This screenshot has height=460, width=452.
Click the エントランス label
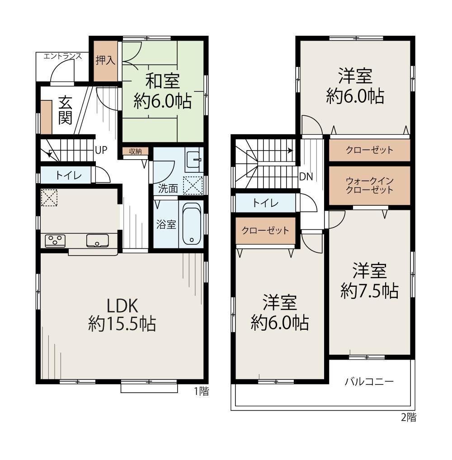coord(62,56)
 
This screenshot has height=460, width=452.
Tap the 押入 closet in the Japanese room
coord(105,61)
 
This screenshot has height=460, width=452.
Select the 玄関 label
coord(66,110)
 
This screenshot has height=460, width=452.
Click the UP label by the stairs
coord(101,150)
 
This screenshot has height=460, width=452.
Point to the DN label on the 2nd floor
coord(306,176)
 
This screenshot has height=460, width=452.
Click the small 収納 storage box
coord(136,151)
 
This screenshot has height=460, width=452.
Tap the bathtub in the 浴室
coord(192,224)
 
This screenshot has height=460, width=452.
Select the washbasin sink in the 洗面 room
coord(194,160)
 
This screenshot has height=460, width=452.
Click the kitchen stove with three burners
coord(55,241)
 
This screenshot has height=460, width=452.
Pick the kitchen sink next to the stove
coord(97,241)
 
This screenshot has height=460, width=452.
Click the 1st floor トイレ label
coord(68,176)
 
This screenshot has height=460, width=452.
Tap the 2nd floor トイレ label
coord(265,203)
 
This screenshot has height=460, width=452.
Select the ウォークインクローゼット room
coord(369,186)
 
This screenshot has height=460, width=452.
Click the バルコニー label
coord(369,382)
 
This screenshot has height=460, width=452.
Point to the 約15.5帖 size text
coord(122,324)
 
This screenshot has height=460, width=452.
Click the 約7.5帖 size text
coord(369,291)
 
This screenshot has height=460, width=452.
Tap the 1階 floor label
coord(202,391)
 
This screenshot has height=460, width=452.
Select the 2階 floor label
coord(408,417)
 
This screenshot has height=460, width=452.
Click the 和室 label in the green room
coord(163,81)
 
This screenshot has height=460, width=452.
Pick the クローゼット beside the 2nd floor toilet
coord(266,230)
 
